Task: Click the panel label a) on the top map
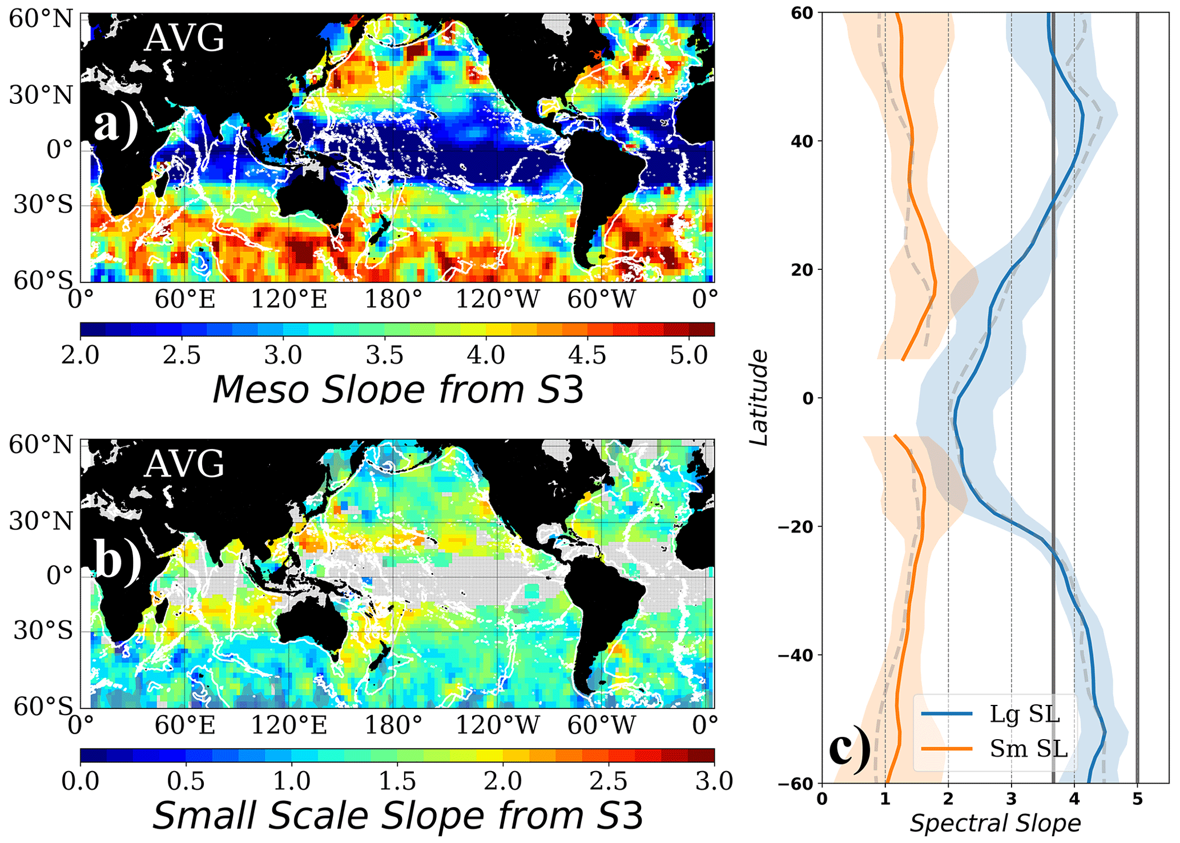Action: click(x=116, y=125)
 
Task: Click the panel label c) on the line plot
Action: click(x=850, y=749)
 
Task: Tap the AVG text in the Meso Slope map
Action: click(x=184, y=39)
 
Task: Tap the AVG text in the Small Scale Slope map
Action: click(x=184, y=464)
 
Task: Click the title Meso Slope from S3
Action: click(x=398, y=390)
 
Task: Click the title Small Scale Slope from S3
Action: click(x=398, y=816)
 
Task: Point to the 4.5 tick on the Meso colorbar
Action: click(x=587, y=355)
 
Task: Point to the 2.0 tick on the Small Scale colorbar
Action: click(x=503, y=781)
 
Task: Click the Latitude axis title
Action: click(x=758, y=398)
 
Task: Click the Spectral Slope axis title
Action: click(x=995, y=823)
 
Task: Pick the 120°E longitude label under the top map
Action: click(x=289, y=299)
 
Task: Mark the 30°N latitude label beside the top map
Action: click(x=41, y=95)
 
